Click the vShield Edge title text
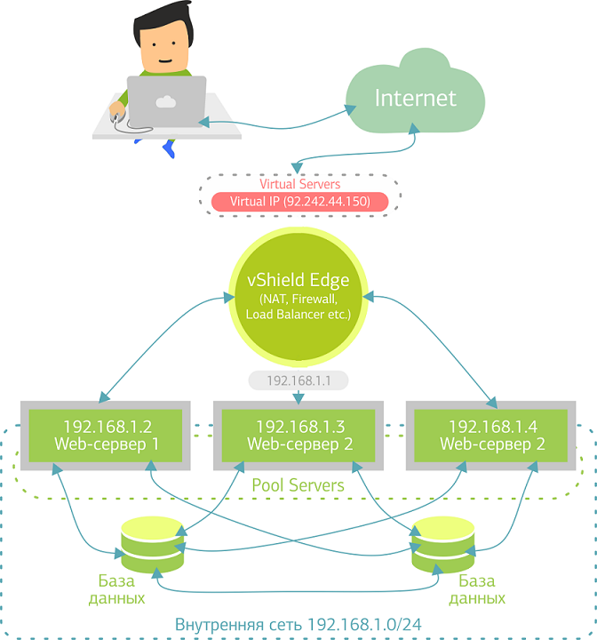298,280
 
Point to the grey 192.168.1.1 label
298,380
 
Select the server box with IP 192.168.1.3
298,435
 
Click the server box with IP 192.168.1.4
491,435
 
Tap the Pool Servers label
298,485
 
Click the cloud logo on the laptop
165,101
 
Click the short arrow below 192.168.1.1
298,396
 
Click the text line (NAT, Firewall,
298,299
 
